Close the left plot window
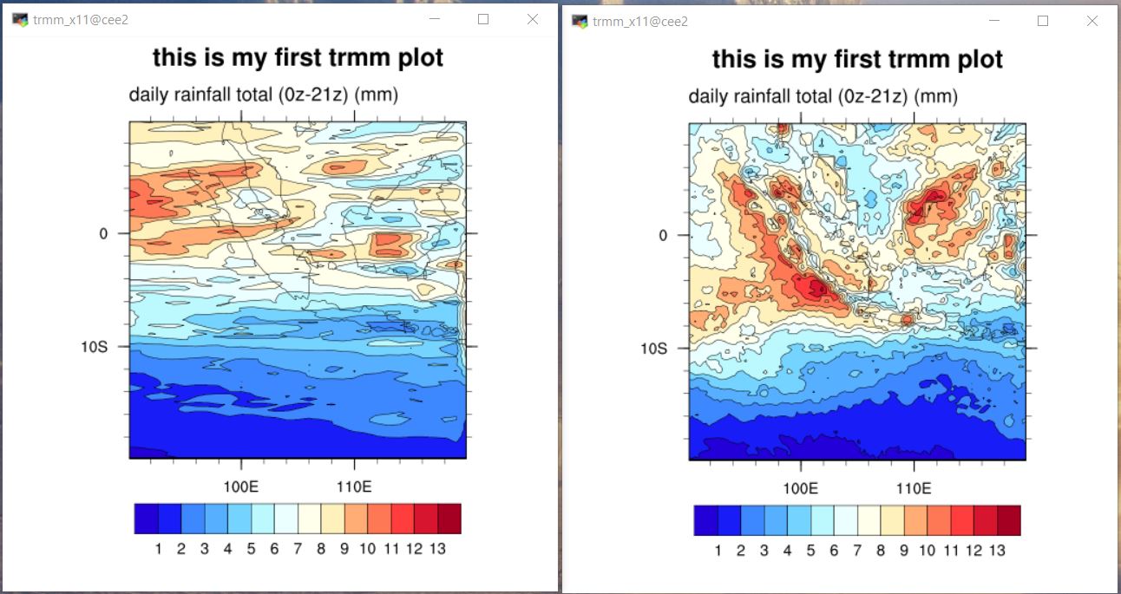point(533,19)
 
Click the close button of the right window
point(1092,21)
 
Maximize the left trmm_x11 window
point(484,19)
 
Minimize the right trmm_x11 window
point(993,21)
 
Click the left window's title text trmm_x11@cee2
point(81,20)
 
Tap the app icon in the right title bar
point(580,21)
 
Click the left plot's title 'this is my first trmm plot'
point(298,58)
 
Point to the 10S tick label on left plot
point(94,347)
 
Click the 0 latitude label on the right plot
point(664,236)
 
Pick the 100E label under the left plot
point(240,486)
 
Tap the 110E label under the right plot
point(913,488)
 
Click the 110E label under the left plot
point(353,486)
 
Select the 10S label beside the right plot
point(653,349)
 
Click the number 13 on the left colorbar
point(437,548)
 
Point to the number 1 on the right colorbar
point(718,550)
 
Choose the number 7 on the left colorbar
point(298,548)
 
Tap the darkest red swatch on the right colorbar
point(1008,520)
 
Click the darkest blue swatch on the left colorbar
point(146,519)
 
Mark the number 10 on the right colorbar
point(927,550)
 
